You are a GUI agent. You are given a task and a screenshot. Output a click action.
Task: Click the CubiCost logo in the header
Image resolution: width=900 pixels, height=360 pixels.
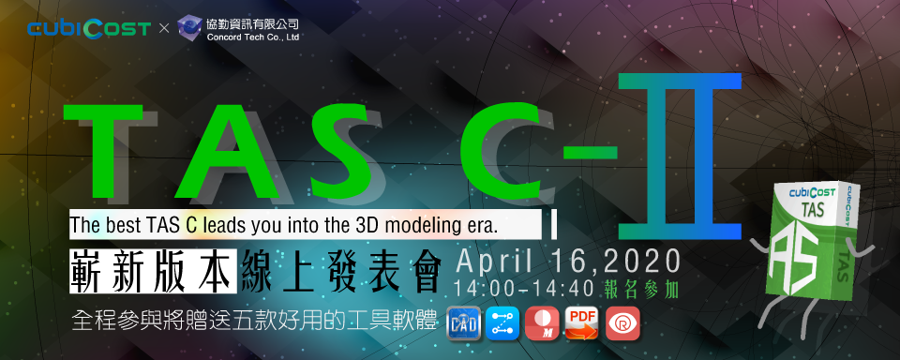tap(89, 28)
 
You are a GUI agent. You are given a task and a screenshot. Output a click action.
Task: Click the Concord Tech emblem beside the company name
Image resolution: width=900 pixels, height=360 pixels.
tap(190, 28)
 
